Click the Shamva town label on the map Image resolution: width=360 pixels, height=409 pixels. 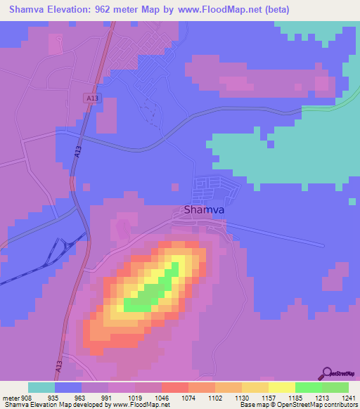point(205,209)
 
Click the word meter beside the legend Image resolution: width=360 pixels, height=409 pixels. point(10,397)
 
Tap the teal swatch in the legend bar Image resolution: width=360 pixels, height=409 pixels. point(41,387)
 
